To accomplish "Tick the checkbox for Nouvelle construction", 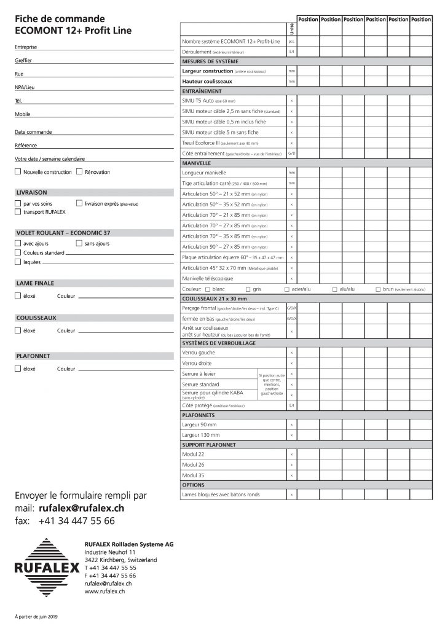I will click(18, 172).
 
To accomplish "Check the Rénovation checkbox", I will click(80, 172).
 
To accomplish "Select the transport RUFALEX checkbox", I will click(18, 212).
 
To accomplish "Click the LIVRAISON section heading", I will click(31, 192).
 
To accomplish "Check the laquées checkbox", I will click(18, 262).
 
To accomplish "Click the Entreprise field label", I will click(25, 47).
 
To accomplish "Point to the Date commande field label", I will click(33, 132).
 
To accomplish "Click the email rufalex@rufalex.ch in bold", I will click(81, 509).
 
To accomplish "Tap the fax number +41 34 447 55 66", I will click(76, 521).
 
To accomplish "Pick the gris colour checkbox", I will click(247, 289).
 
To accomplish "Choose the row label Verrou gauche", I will click(199, 353).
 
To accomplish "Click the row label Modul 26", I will click(194, 464).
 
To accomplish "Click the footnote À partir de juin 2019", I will click(36, 615).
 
